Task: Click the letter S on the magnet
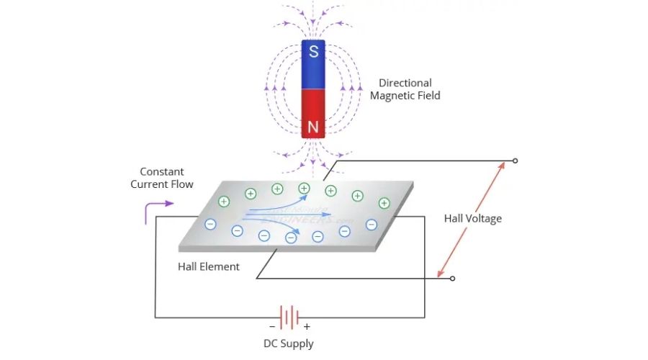coord(313,52)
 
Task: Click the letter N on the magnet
coord(313,128)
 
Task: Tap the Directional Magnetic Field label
coord(410,89)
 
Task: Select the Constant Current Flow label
coord(162,178)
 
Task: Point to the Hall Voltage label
coord(472,218)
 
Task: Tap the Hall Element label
coord(209,266)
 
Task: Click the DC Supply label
coord(289,343)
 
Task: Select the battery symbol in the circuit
coord(289,317)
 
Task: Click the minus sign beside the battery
coord(271,326)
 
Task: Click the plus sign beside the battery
coord(307,326)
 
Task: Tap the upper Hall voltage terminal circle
coord(514,160)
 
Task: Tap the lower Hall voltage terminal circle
coord(452,278)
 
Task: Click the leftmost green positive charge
coord(224,202)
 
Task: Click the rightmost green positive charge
coord(384,203)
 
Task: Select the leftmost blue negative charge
coord(210,224)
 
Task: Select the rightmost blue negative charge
coord(372,224)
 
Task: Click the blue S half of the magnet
coord(313,65)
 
